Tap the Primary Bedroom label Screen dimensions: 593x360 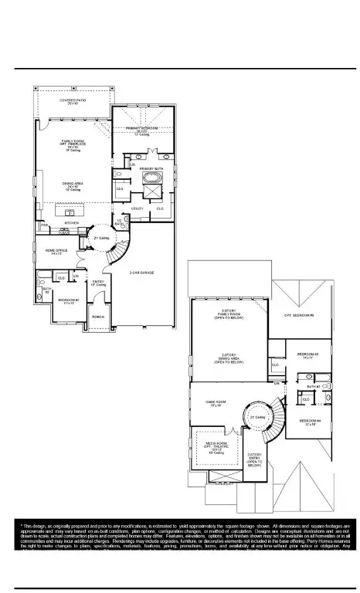(142, 129)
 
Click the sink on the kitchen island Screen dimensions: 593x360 (70, 212)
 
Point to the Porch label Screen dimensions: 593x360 (98, 317)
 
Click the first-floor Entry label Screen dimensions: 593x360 (98, 283)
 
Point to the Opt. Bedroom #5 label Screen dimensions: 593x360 (299, 315)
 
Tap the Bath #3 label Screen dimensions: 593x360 (313, 386)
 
